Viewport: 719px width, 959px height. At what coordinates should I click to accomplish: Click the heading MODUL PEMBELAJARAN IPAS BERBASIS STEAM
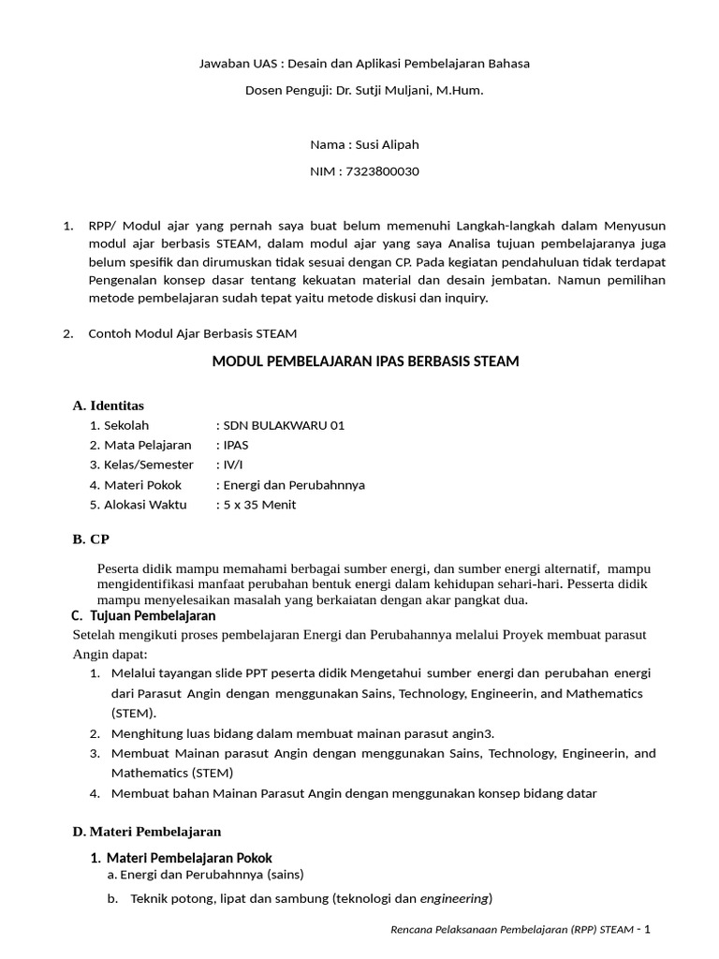point(365,361)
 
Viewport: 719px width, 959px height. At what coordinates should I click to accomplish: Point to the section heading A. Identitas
point(109,406)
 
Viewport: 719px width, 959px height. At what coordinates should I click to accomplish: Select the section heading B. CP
point(92,539)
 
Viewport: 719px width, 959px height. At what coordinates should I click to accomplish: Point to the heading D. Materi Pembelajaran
point(147,831)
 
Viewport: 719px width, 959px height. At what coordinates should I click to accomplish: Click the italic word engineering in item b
point(454,899)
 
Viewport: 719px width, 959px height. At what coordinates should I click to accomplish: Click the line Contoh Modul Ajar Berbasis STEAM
point(192,333)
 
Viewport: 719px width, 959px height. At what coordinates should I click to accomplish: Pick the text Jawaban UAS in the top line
point(237,65)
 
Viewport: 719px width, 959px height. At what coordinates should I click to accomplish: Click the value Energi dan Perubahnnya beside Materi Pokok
point(293,485)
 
